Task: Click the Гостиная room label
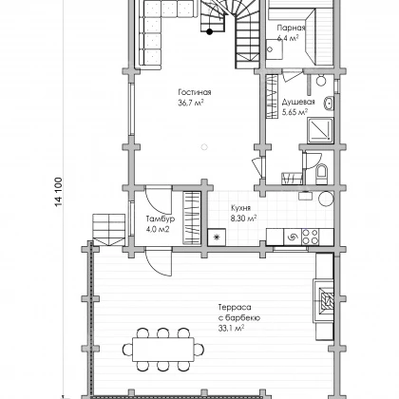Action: pyautogui.click(x=195, y=92)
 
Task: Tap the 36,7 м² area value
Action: pyautogui.click(x=191, y=103)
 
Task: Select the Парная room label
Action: pyautogui.click(x=291, y=28)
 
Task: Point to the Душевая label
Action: pyautogui.click(x=298, y=102)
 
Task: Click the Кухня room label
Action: pyautogui.click(x=240, y=208)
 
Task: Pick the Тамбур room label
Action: pyautogui.click(x=161, y=218)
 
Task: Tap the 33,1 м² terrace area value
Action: pyautogui.click(x=231, y=329)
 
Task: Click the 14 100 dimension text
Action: pyautogui.click(x=59, y=192)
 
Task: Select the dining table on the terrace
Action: pyautogui.click(x=163, y=350)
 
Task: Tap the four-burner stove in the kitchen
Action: pyautogui.click(x=310, y=237)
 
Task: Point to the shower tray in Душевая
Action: pyautogui.click(x=320, y=130)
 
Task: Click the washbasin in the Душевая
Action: pyautogui.click(x=329, y=104)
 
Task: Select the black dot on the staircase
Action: pyautogui.click(x=209, y=31)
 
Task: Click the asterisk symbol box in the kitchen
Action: pyautogui.click(x=217, y=237)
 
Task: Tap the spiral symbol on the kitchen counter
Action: pyautogui.click(x=292, y=237)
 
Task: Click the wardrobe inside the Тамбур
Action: pyautogui.click(x=192, y=218)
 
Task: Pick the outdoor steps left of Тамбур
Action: pyautogui.click(x=108, y=230)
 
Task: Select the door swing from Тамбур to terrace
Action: pyautogui.click(x=160, y=262)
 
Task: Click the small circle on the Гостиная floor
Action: pyautogui.click(x=204, y=147)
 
